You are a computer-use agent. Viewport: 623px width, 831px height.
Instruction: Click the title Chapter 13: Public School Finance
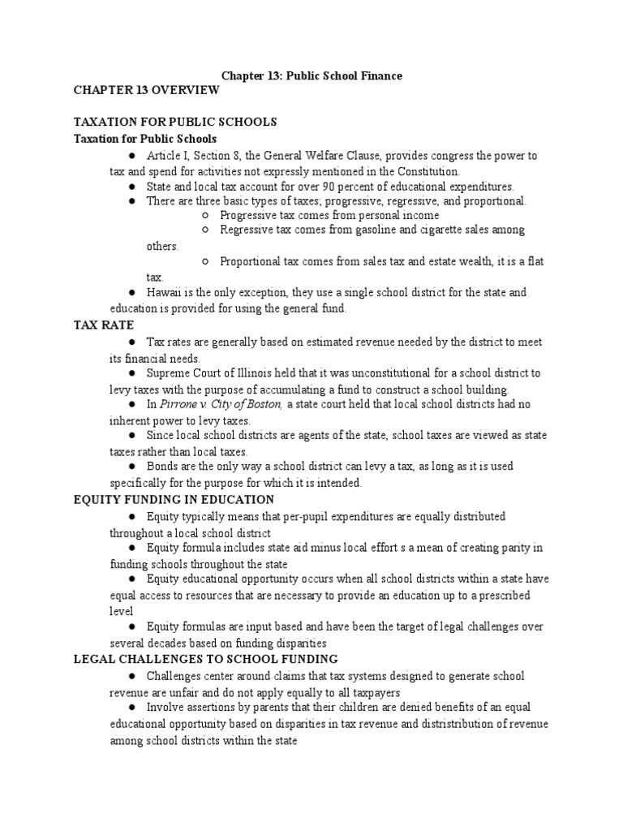[x=311, y=75]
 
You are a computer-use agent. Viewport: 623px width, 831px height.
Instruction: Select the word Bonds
[x=163, y=467]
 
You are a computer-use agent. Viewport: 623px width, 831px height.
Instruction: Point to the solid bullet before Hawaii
[x=131, y=292]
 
